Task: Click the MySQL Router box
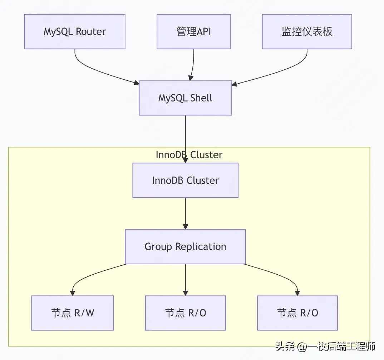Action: [x=75, y=31]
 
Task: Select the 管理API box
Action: [x=194, y=31]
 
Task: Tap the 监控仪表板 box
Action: [x=307, y=31]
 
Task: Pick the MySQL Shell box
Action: [x=186, y=98]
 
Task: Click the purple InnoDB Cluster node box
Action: [x=186, y=180]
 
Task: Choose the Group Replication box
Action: [x=186, y=246]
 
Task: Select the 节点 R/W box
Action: [x=73, y=313]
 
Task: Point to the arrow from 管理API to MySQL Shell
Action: [x=193, y=65]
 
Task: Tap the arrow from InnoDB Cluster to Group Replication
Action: [x=186, y=214]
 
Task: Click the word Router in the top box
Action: [x=91, y=31]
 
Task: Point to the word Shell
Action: [x=201, y=98]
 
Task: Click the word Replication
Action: [x=201, y=247]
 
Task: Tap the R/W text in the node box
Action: [x=84, y=313]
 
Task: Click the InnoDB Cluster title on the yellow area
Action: [x=189, y=155]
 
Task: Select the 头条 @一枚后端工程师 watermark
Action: [x=325, y=346]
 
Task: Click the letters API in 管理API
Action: [x=204, y=31]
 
